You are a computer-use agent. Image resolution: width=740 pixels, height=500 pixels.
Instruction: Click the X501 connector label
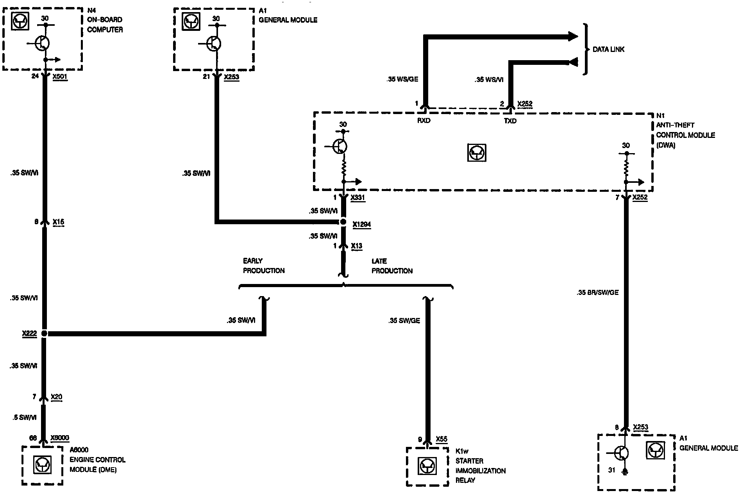(60, 77)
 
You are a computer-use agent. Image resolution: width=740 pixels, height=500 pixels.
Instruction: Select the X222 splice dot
(44, 334)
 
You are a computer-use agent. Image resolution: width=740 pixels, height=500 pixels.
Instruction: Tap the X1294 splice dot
(343, 222)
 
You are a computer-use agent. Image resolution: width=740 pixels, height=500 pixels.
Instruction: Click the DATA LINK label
(608, 50)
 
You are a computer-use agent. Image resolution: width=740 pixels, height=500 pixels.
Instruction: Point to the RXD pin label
(424, 121)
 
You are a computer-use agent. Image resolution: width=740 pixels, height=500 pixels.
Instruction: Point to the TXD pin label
(510, 121)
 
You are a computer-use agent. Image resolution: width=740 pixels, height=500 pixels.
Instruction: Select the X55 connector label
(441, 439)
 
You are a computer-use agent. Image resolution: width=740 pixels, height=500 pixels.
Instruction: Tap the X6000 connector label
(60, 438)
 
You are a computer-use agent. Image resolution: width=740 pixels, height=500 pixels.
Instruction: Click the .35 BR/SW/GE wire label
(597, 292)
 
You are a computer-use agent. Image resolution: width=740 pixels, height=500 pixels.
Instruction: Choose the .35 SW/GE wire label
(404, 321)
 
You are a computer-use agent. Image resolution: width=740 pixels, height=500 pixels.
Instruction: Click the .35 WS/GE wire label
(402, 79)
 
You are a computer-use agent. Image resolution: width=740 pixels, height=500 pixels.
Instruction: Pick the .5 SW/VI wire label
(25, 418)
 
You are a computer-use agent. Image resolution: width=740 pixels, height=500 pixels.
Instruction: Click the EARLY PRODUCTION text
(264, 266)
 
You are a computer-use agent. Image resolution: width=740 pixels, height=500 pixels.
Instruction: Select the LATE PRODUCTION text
(392, 266)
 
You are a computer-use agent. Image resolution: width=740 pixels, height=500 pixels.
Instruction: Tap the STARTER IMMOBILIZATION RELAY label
(480, 471)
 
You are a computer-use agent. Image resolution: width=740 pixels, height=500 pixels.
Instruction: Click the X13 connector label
(356, 246)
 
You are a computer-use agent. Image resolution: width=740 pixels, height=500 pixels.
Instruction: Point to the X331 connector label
(357, 198)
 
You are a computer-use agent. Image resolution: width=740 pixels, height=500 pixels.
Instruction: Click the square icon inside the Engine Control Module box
(41, 465)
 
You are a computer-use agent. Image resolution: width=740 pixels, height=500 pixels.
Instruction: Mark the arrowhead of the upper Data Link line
(573, 37)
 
